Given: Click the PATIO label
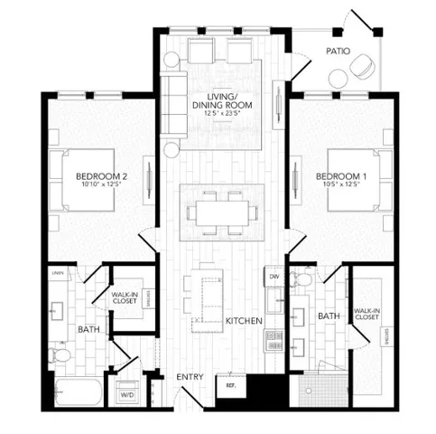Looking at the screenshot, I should pyautogui.click(x=339, y=52).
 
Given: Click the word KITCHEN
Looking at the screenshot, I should pyautogui.click(x=244, y=321).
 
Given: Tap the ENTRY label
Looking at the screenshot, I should pyautogui.click(x=190, y=376).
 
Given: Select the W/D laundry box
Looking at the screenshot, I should pyautogui.click(x=126, y=395).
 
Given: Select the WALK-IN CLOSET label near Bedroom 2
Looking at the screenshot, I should pyautogui.click(x=125, y=297).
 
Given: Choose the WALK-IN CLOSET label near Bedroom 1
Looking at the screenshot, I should pyautogui.click(x=366, y=314).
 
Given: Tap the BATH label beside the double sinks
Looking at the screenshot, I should pyautogui.click(x=329, y=316).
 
